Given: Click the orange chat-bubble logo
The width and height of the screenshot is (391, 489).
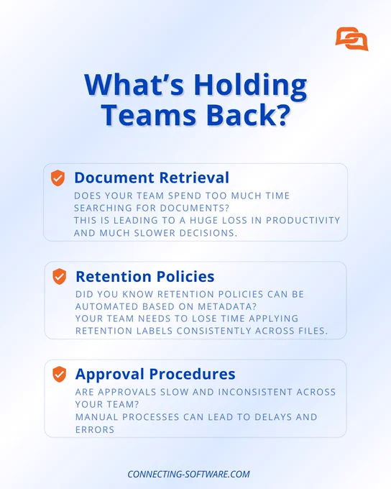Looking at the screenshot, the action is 351,39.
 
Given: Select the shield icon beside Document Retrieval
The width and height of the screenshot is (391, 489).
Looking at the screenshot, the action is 57,178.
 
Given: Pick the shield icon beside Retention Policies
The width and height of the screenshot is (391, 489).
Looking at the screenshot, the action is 59,277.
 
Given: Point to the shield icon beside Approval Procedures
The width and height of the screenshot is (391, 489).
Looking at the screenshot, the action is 59,374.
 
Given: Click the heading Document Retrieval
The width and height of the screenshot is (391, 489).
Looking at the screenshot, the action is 152,178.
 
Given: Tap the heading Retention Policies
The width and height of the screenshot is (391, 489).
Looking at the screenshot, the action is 145,276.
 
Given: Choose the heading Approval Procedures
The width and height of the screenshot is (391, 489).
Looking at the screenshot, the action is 155,374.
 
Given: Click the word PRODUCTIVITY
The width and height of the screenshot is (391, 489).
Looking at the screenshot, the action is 303,220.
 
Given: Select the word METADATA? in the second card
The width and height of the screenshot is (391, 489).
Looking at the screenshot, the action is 227,306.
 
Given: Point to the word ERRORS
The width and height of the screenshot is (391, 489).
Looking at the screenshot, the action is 95,430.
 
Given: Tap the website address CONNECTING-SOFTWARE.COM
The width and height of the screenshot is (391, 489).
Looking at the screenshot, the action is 188,475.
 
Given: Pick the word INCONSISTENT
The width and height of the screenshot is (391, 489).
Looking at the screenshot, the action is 255,392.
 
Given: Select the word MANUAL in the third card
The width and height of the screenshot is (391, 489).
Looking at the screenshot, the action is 96,417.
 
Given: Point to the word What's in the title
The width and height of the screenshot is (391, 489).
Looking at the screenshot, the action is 134,85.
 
